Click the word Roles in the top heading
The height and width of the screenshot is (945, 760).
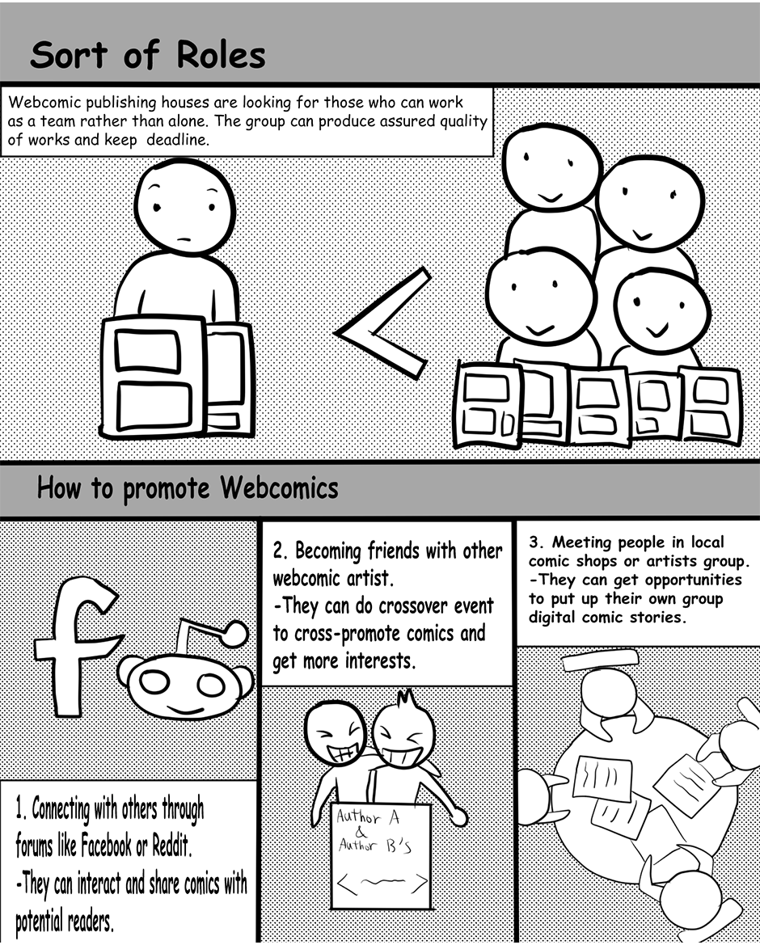[x=221, y=56]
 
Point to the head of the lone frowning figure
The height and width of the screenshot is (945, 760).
[x=184, y=206]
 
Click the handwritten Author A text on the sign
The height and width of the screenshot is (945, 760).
[x=368, y=816]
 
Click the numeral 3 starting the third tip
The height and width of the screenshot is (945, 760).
[x=534, y=542]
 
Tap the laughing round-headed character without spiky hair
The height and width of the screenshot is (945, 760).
[x=335, y=733]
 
